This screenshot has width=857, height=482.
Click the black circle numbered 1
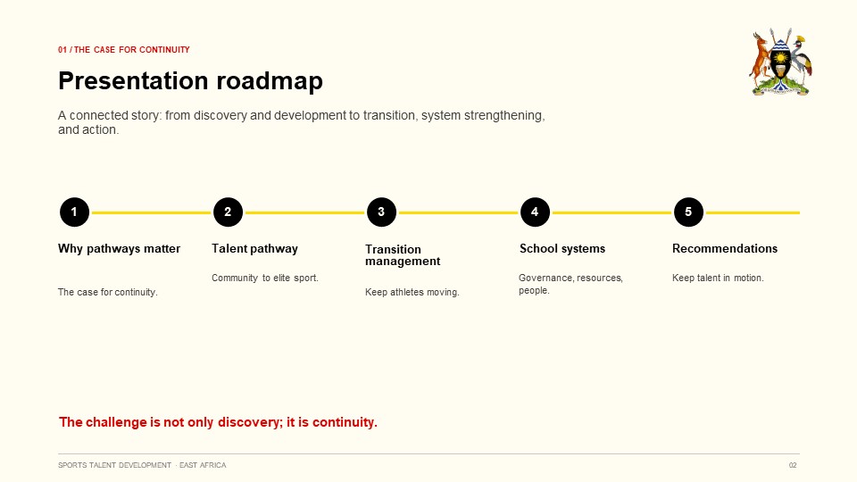pyautogui.click(x=74, y=212)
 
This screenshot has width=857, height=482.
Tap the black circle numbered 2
pyautogui.click(x=228, y=212)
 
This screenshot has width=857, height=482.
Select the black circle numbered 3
pyautogui.click(x=381, y=212)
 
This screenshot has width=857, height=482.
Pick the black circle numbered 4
pyautogui.click(x=535, y=212)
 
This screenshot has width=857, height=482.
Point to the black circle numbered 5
pyautogui.click(x=688, y=212)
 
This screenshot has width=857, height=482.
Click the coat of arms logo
pyautogui.click(x=780, y=62)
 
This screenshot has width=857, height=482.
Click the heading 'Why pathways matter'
pyautogui.click(x=119, y=249)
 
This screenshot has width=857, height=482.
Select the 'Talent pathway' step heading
pyautogui.click(x=254, y=249)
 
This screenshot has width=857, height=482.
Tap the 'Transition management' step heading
pyautogui.click(x=403, y=255)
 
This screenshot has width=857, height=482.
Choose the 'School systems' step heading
pyautogui.click(x=562, y=249)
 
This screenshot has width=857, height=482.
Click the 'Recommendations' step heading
pyautogui.click(x=725, y=249)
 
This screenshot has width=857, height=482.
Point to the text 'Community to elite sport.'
pyautogui.click(x=265, y=278)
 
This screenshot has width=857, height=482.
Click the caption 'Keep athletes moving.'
pyautogui.click(x=412, y=292)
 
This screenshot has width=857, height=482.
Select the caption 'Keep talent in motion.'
pyautogui.click(x=718, y=278)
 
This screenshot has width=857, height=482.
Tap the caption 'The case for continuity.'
pyautogui.click(x=108, y=292)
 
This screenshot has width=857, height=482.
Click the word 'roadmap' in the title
pyautogui.click(x=270, y=81)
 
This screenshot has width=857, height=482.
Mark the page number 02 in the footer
pyautogui.click(x=793, y=465)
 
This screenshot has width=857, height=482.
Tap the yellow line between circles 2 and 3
pyautogui.click(x=305, y=212)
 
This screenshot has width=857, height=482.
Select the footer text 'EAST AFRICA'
pyautogui.click(x=203, y=465)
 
